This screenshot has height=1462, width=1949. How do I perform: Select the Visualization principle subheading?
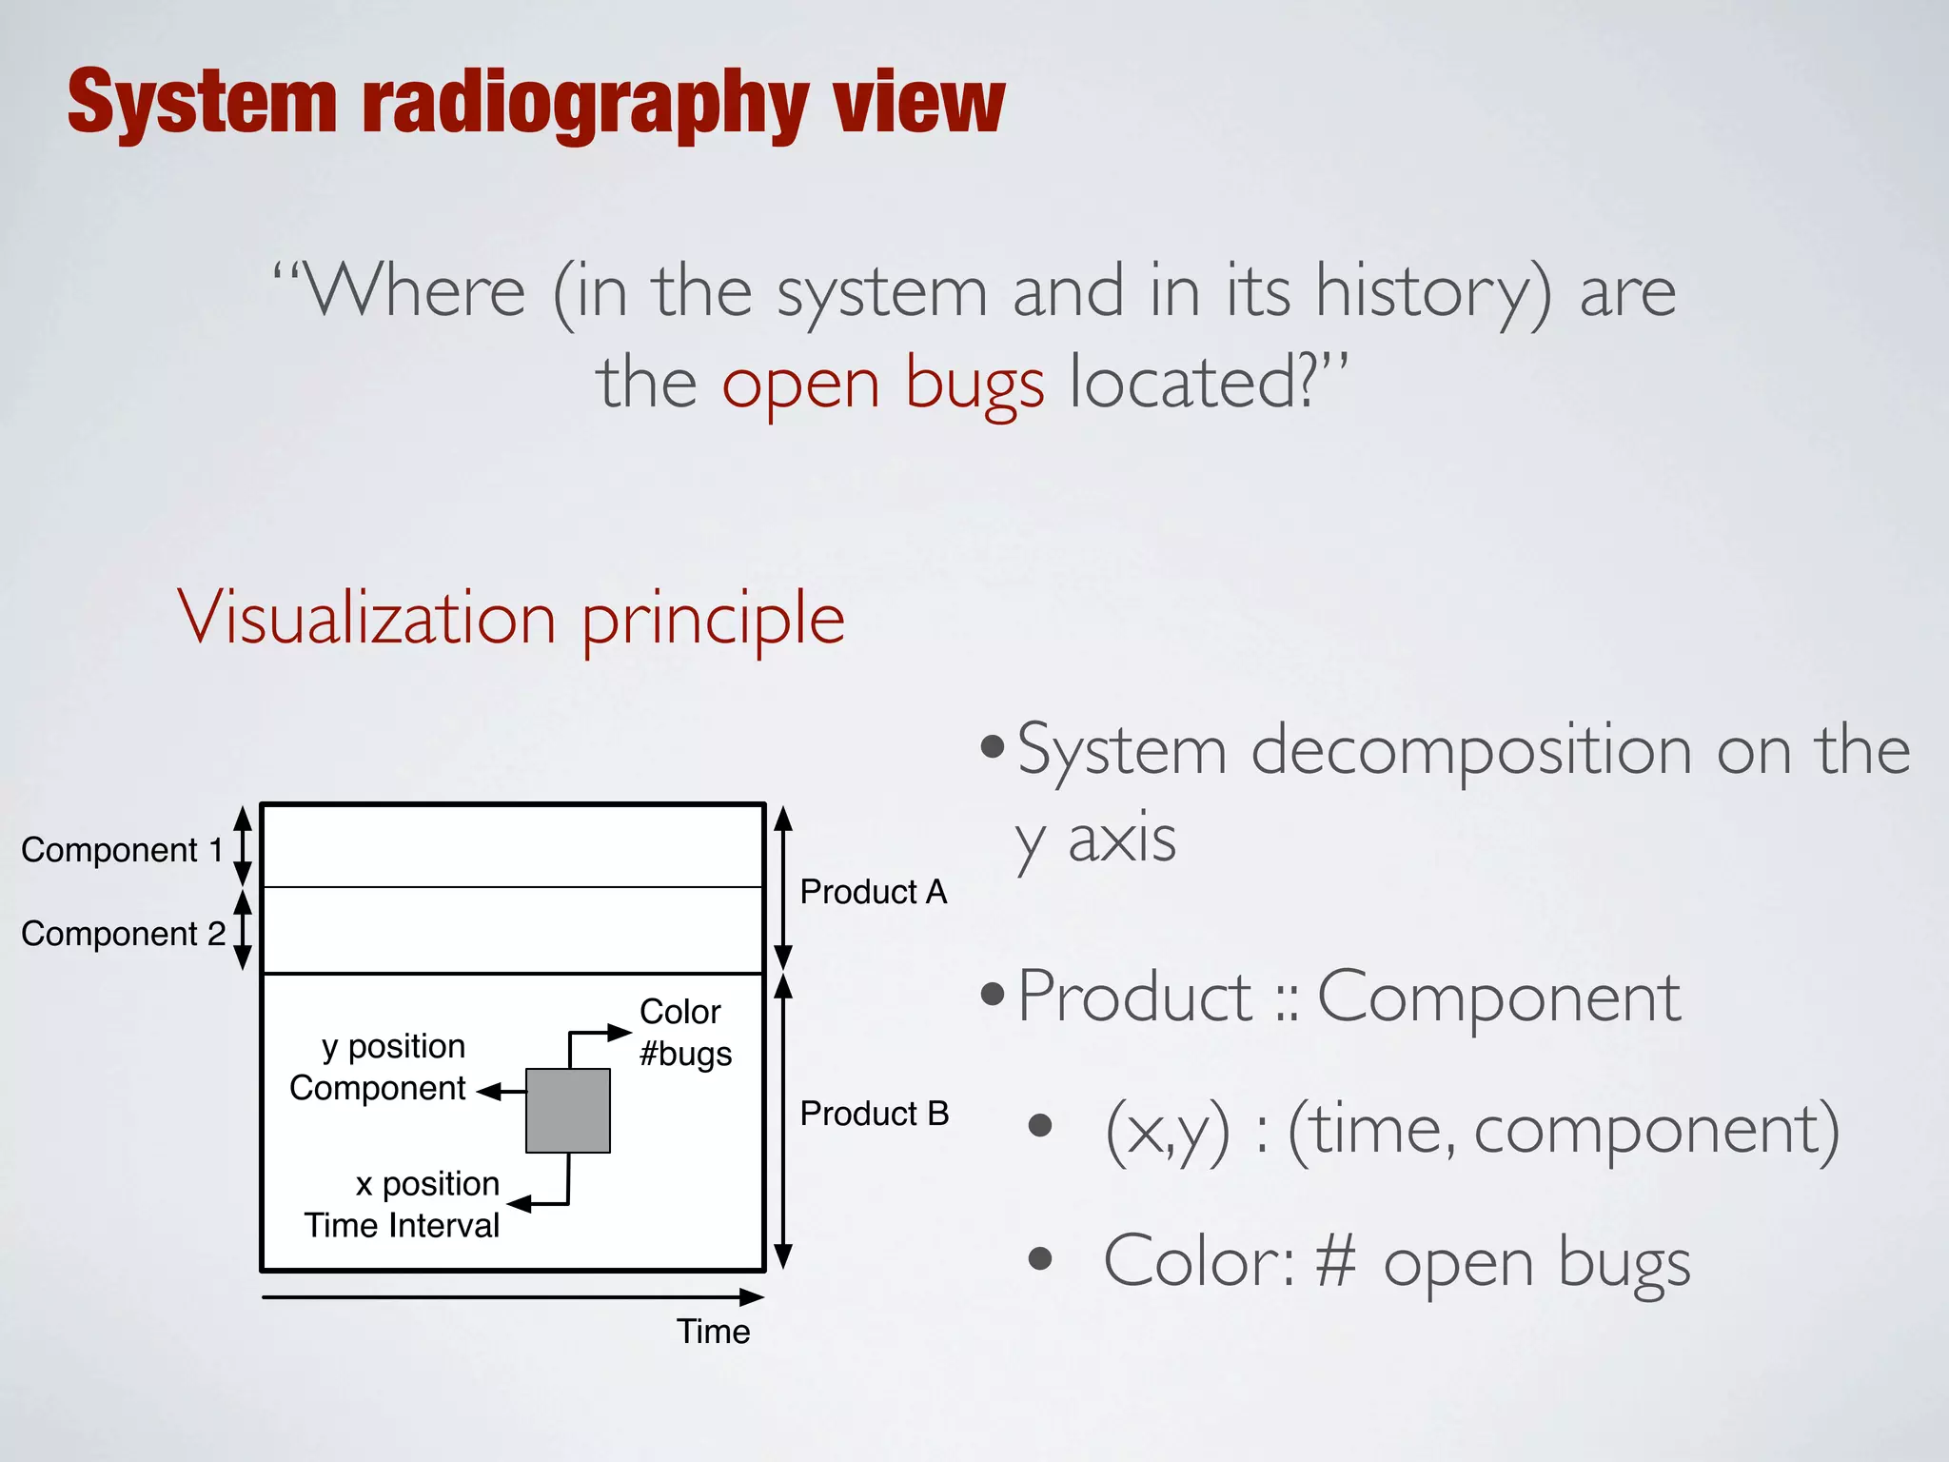click(x=511, y=618)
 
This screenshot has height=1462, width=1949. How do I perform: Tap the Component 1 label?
click(x=122, y=850)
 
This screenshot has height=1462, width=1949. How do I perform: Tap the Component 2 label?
click(x=123, y=934)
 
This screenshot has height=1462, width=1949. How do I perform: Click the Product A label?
click(x=874, y=892)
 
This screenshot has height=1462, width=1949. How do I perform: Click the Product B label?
click(x=875, y=1114)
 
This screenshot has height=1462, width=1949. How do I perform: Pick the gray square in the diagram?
click(x=568, y=1111)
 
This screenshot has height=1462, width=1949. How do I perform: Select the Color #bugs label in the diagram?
click(x=685, y=1033)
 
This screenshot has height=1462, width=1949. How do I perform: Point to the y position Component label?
click(x=379, y=1067)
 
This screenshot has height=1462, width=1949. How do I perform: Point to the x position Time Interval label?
click(x=403, y=1204)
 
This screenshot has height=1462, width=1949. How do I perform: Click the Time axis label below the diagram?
click(x=713, y=1332)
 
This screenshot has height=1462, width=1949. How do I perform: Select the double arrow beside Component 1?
click(x=243, y=845)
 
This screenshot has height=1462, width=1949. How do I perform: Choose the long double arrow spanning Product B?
click(x=783, y=1121)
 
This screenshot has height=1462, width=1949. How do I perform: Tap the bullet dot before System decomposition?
click(x=992, y=747)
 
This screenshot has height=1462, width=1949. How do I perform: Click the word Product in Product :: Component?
click(x=1134, y=998)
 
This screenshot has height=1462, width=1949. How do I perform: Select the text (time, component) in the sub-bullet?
click(x=1563, y=1131)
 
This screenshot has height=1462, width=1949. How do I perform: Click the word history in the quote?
click(x=1432, y=291)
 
